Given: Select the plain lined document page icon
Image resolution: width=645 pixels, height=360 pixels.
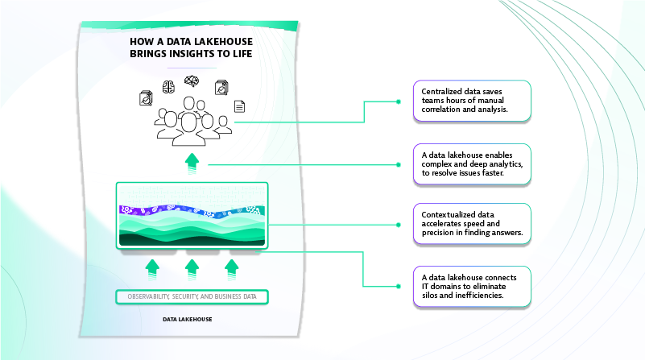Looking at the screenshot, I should point(239,106).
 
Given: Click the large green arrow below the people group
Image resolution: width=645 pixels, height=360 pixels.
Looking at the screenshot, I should point(192,161).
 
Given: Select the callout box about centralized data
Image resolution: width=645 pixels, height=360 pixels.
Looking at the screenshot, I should point(472,101).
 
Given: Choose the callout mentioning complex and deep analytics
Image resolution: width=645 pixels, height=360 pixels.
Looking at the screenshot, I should point(472,163).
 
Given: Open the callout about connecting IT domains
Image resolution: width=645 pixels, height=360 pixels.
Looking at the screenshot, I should point(472,287).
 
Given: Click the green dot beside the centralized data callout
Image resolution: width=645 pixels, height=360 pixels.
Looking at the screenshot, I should point(399,101).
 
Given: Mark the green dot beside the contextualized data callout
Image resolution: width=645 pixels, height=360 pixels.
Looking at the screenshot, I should point(399,225).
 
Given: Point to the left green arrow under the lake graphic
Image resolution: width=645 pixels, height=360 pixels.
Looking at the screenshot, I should point(152,267).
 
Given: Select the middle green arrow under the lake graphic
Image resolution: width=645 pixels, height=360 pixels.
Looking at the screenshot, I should point(192,267).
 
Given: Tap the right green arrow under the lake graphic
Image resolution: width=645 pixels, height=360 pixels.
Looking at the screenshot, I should point(232,267).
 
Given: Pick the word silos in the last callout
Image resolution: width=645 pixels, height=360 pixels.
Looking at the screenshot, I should point(432,296).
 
